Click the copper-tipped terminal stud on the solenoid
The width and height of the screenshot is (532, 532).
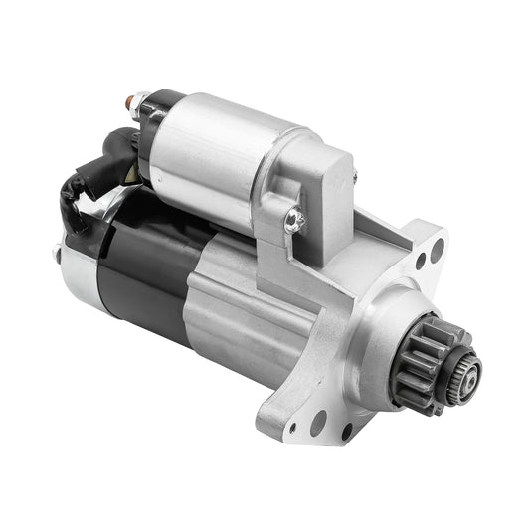[x=131, y=100]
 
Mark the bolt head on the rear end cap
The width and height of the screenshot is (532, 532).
[x=56, y=250]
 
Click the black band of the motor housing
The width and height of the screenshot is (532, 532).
[x=144, y=268]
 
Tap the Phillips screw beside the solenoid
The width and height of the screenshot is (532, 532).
[x=292, y=220]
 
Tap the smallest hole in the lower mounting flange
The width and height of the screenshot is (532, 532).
[x=291, y=430]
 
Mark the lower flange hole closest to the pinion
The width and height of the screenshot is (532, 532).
[x=347, y=430]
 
